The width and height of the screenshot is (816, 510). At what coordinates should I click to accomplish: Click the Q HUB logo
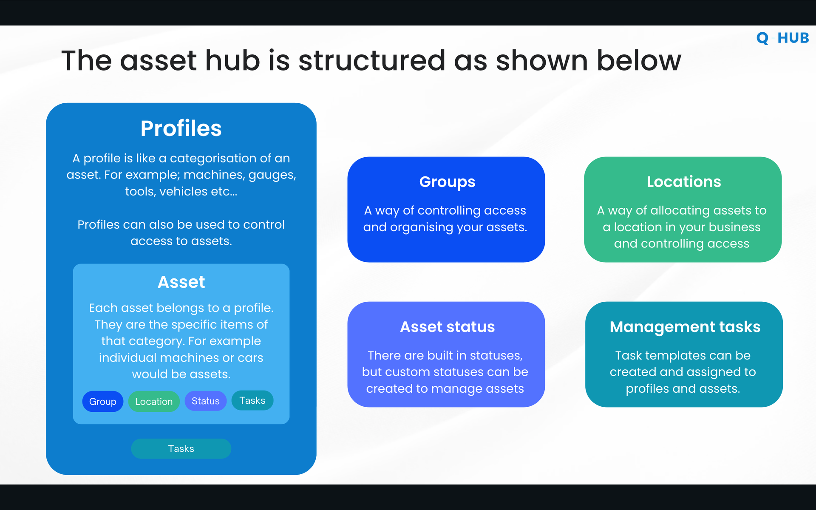(x=782, y=38)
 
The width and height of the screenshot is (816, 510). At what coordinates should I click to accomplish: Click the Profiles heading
(x=181, y=128)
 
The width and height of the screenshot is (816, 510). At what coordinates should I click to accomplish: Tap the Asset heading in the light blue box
(x=181, y=282)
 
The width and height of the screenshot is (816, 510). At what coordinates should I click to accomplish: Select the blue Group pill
(x=103, y=401)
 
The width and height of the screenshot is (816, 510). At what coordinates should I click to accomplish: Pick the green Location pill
(x=154, y=401)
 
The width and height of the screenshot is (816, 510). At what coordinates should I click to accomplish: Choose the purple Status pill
(x=205, y=401)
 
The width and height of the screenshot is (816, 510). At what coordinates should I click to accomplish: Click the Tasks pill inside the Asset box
(x=252, y=400)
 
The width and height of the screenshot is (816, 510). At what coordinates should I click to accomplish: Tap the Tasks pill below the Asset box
(x=181, y=448)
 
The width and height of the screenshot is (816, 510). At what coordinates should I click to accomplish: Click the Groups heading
(x=447, y=182)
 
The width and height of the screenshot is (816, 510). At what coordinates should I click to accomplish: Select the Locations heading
(x=684, y=182)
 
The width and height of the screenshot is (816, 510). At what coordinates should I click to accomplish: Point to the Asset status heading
(x=448, y=327)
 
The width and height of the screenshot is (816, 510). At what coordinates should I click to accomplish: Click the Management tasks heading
(x=685, y=327)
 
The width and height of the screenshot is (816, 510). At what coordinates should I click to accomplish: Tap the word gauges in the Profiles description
(x=272, y=175)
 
